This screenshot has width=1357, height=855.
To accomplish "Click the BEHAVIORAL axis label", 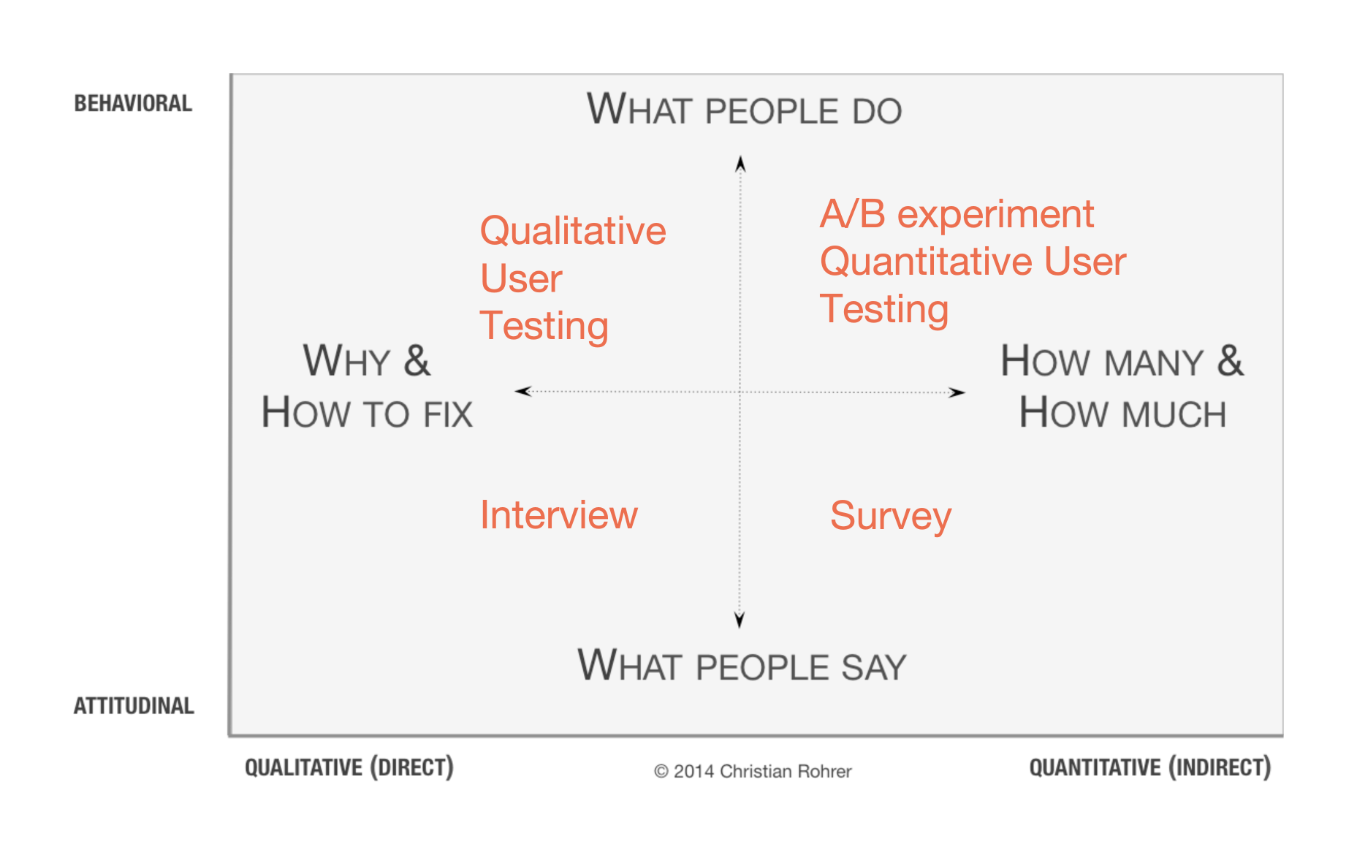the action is pos(133,104).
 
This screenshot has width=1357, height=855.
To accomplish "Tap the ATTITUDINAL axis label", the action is pos(134,706).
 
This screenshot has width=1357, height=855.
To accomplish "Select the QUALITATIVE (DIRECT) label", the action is pos(349,767).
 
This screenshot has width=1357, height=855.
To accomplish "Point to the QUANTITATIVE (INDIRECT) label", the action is pos(1150,767).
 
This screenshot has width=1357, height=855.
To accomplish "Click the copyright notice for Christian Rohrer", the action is pos(753,772).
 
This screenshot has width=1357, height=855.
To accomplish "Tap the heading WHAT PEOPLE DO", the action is pos(744,110).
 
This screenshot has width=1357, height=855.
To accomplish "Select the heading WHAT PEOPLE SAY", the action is pos(742,666).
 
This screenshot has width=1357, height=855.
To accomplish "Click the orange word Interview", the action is pos(559,515).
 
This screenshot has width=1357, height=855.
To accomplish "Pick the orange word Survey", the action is pos(891,517).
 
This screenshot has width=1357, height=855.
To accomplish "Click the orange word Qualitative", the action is pos(573,231).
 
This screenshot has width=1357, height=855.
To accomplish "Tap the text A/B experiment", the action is pos(957,215).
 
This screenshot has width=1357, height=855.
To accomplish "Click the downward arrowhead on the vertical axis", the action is pos(740,620).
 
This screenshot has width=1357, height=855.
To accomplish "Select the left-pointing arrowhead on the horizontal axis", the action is pos(523,391).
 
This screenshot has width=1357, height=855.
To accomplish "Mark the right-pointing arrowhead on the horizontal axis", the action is pos(957,392).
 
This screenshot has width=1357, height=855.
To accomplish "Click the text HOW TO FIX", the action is pos(367,413).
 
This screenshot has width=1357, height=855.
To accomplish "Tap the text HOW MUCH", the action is pos(1122,413).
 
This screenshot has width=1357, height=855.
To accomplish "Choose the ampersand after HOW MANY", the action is pos(1231,360).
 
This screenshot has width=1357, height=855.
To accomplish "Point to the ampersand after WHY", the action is pos(417,360).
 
